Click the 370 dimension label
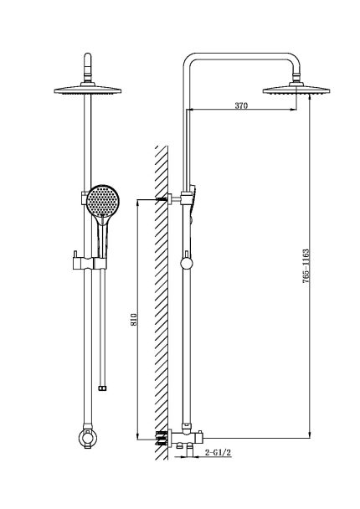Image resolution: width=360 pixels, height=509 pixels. point(241,105)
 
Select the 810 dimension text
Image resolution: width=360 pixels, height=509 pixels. point(133,320)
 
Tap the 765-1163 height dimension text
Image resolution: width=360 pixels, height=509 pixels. point(306,266)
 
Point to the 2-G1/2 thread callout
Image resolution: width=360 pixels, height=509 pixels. point(219,453)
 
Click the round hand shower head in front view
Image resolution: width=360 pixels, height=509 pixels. point(103,201)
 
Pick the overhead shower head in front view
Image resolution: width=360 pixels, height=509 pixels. point(88,90)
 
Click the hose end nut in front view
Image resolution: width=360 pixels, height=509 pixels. point(103,388)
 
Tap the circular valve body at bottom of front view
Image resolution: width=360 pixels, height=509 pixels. point(88,438)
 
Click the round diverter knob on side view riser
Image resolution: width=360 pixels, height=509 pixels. point(187,263)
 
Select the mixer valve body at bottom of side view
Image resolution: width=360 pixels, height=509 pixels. point(186,438)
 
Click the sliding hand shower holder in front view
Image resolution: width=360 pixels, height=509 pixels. point(90,262)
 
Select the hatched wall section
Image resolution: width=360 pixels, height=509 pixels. point(162,302)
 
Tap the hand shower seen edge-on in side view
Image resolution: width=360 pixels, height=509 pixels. point(193,203)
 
